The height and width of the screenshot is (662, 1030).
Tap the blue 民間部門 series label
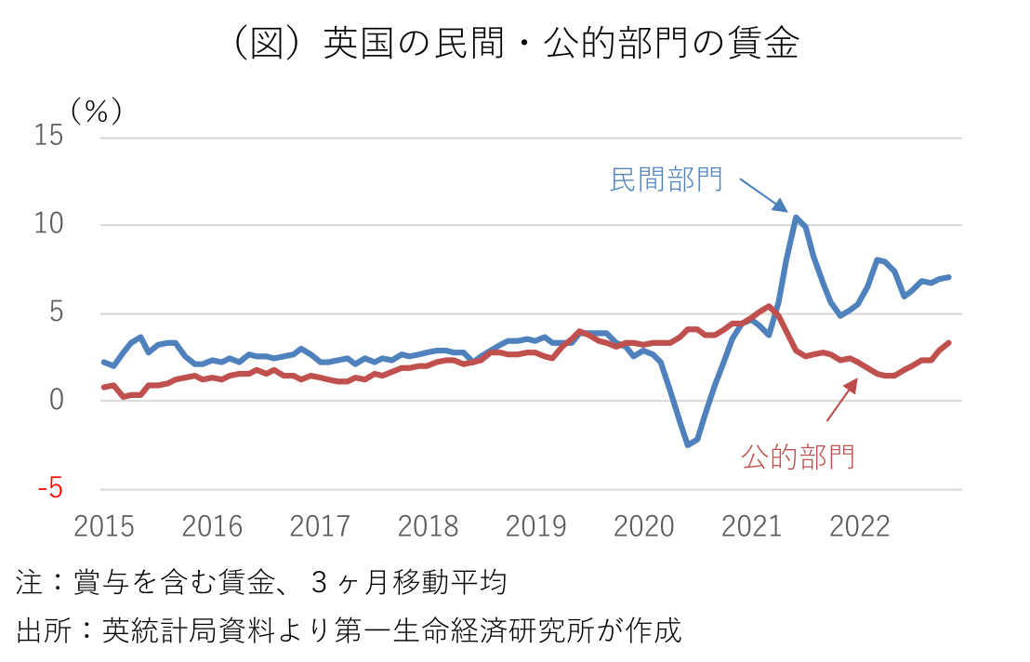[666, 179]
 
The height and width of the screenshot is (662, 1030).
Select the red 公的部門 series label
[798, 457]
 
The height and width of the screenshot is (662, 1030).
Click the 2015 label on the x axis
[104, 526]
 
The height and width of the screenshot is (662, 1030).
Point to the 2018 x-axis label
[428, 526]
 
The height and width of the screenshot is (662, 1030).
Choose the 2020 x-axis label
[643, 526]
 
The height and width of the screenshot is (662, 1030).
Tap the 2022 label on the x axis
[859, 526]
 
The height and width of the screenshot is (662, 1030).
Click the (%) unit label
[97, 111]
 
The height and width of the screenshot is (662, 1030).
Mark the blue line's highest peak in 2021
[796, 217]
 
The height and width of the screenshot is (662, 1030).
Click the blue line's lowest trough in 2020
[688, 444]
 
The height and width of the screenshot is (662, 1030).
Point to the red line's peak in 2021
[769, 306]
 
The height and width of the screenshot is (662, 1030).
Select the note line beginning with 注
[261, 583]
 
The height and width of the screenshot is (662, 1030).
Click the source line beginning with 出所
[349, 629]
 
